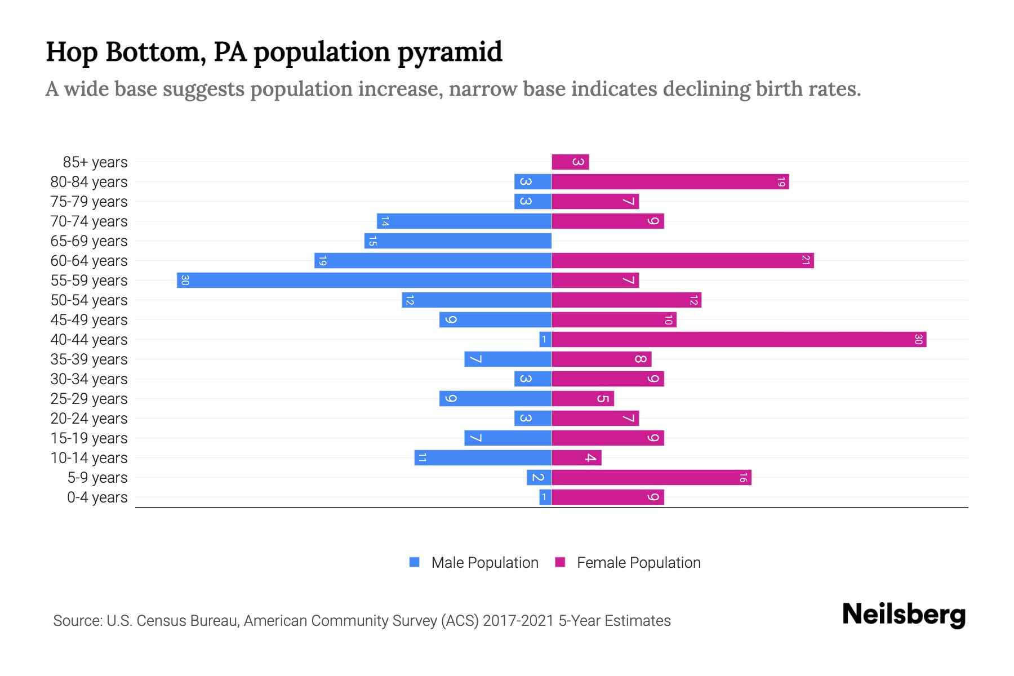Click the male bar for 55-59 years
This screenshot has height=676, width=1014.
coord(364,280)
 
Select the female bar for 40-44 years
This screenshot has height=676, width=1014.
coord(739,339)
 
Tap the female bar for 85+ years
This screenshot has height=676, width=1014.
coord(570,162)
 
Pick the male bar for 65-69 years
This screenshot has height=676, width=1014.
coord(457,241)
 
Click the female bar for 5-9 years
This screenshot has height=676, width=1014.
coord(651,477)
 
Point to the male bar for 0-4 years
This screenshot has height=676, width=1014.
coord(545,497)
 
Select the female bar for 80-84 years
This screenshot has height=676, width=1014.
coord(670,181)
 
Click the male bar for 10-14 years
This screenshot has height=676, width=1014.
coord(483,457)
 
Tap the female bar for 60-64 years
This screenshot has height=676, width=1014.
coord(682,260)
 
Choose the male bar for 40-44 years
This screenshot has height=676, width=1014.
coord(545,339)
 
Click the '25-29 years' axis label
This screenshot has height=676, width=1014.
coord(89,399)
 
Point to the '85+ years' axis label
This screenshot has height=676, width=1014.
coord(95,162)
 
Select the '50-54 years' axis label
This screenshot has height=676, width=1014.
coord(89,300)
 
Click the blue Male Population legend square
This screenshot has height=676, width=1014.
coord(415,562)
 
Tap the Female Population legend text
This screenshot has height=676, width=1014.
coord(638,562)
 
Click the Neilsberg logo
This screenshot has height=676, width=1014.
coord(904,614)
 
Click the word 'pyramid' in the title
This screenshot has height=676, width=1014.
coord(450,52)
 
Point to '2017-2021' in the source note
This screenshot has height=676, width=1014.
coord(518,621)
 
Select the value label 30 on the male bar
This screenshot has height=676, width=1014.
coord(185,280)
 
